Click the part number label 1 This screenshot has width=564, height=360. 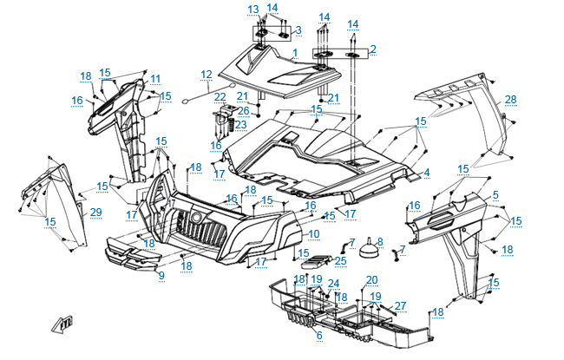coord(294,53)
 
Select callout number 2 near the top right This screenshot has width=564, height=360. coord(372,49)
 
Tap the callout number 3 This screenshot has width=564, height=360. coord(298,30)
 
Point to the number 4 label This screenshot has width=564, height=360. coord(426,173)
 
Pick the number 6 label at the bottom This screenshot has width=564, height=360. coord(318,335)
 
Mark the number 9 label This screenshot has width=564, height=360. coord(161,276)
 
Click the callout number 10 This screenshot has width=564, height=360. coord(314,234)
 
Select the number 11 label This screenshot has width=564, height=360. coord(155,79)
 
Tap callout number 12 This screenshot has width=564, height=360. coord(206,74)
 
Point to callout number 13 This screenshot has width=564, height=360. coord(252,10)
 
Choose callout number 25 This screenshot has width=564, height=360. coord(340,260)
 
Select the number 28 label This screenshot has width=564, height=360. coord(510,100)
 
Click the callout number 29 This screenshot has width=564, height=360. coord(95,213)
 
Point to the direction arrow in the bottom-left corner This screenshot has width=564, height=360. coord(62,323)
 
